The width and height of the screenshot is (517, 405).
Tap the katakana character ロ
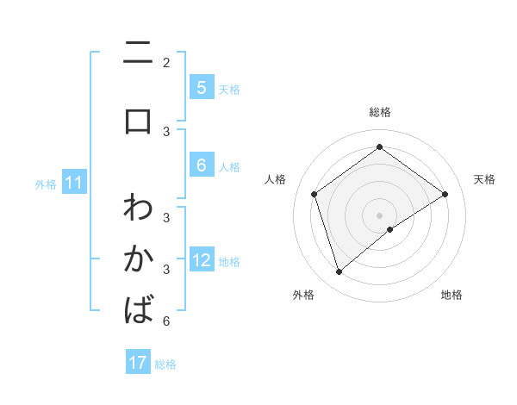click(x=138, y=121)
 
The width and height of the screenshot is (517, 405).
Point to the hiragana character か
click(x=138, y=259)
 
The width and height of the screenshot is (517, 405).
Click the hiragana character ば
click(x=138, y=308)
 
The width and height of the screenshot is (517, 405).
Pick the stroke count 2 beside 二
click(x=166, y=63)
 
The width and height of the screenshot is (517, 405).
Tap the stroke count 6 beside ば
click(x=166, y=322)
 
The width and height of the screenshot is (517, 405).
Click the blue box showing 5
click(x=201, y=87)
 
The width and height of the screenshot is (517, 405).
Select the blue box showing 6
click(x=201, y=165)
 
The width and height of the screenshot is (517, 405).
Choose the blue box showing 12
click(x=202, y=260)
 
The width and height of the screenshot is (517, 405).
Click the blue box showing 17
click(x=138, y=363)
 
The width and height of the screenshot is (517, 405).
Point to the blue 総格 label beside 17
click(x=165, y=364)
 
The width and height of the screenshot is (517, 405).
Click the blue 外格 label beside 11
click(x=46, y=183)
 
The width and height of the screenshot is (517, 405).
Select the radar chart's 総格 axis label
click(x=380, y=112)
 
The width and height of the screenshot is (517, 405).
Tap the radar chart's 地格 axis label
click(x=452, y=295)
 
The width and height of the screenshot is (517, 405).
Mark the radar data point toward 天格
click(x=445, y=194)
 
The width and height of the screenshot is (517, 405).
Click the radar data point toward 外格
click(x=339, y=272)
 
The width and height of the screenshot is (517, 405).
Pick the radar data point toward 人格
click(x=315, y=194)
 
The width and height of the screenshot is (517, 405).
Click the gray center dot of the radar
click(x=380, y=215)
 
